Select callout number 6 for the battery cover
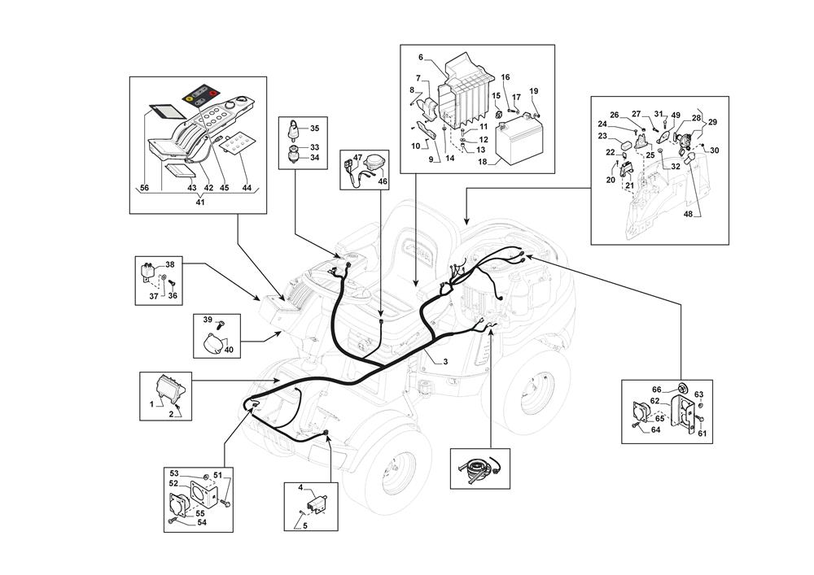(x=421, y=57)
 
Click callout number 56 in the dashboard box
(x=144, y=188)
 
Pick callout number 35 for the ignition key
(x=315, y=129)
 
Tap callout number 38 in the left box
(x=170, y=265)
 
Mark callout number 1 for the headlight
(x=151, y=404)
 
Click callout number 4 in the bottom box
(x=300, y=488)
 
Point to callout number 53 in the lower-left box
(x=174, y=473)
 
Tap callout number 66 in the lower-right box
(x=657, y=389)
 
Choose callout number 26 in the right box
(x=615, y=115)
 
